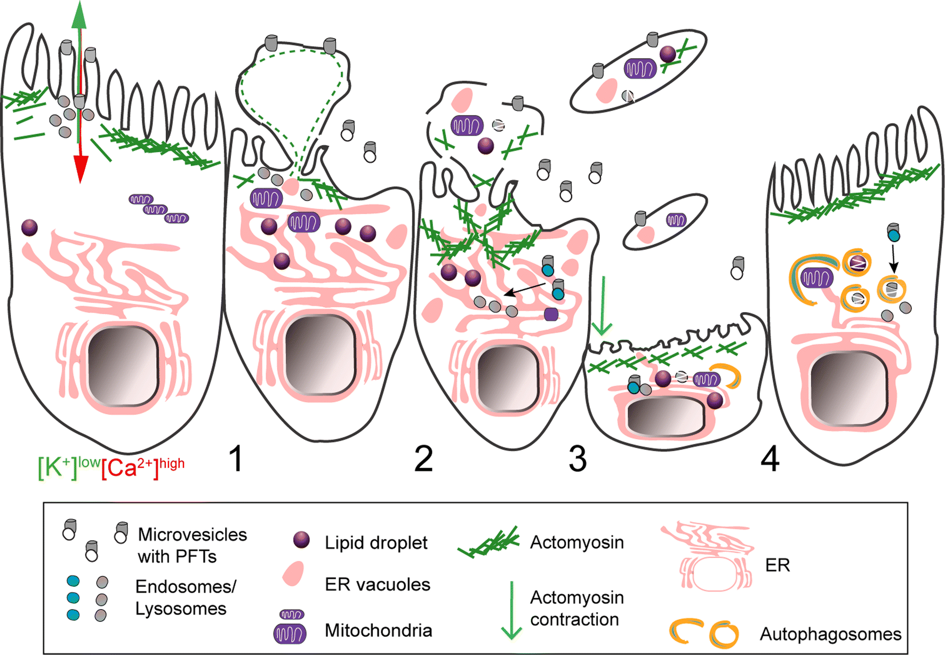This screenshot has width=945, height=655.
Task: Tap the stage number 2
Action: click(423, 459)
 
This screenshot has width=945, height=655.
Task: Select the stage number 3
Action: click(578, 459)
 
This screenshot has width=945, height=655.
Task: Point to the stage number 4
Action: click(770, 459)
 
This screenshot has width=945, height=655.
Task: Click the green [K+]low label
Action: click(68, 467)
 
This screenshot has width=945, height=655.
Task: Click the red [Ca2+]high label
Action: click(143, 467)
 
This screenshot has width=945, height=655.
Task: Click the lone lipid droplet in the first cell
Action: click(30, 228)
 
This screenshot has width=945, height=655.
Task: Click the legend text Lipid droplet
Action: click(376, 543)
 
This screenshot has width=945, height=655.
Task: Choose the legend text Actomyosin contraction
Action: click(576, 608)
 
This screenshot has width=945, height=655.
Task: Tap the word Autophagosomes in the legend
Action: click(830, 634)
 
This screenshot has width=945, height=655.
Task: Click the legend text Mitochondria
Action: click(378, 630)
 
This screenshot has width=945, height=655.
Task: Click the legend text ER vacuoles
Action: click(377, 585)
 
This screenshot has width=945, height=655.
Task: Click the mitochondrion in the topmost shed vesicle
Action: click(640, 68)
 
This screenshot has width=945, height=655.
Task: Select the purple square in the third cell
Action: click(551, 314)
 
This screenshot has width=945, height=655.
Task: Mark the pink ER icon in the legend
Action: click(709, 557)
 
